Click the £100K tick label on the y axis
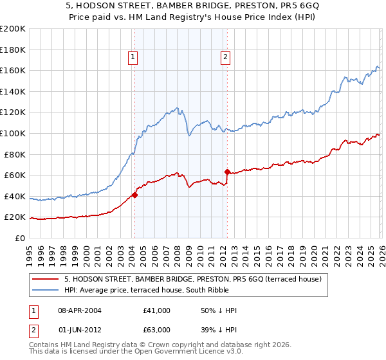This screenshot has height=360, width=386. [13, 133]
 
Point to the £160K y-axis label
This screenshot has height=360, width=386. [13, 70]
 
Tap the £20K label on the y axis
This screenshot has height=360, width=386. [15, 217]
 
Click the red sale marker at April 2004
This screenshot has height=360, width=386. [134, 195]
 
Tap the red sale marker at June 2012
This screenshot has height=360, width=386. [227, 172]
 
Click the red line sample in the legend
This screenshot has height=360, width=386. [46, 279]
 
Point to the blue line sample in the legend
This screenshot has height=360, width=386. [46, 290]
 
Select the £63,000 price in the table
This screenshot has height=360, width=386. [156, 329]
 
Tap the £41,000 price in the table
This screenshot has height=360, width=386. [156, 310]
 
